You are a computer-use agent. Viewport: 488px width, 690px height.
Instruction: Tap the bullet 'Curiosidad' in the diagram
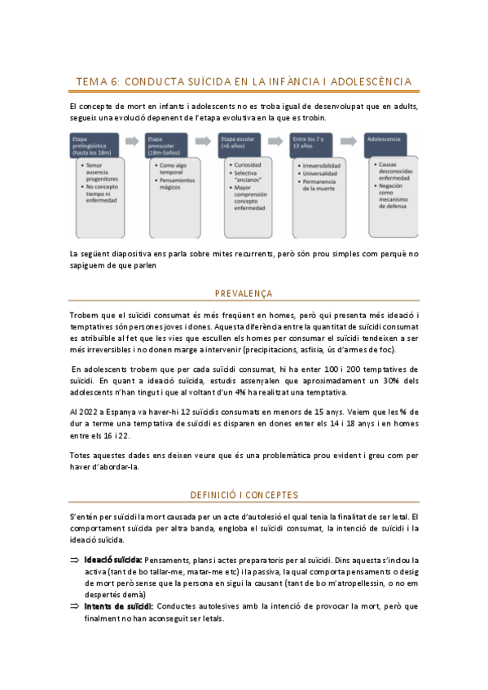click(x=250, y=165)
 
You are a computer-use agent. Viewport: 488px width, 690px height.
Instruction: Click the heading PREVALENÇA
click(x=244, y=294)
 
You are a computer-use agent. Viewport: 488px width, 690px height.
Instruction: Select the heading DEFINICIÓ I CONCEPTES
click(x=244, y=495)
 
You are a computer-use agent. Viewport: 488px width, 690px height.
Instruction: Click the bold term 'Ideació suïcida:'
click(x=113, y=561)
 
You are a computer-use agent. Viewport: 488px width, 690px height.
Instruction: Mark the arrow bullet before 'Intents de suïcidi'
click(x=74, y=607)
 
